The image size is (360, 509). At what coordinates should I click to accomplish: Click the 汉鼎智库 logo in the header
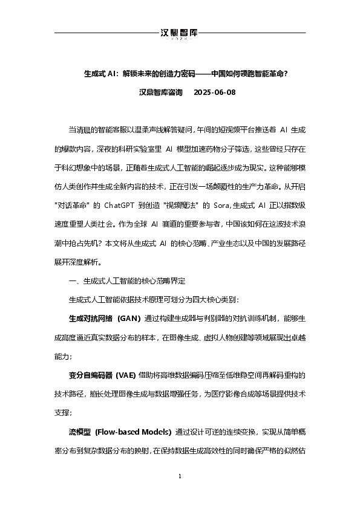[180, 33]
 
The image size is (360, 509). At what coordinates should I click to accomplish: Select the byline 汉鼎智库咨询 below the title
[161, 92]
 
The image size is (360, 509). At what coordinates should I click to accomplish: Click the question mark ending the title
[285, 74]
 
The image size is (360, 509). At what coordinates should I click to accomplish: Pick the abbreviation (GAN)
[129, 318]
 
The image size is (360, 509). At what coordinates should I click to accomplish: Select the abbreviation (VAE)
[123, 375]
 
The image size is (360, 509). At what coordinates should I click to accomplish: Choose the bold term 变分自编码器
[88, 375]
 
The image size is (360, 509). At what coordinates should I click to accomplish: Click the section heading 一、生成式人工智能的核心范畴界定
[128, 281]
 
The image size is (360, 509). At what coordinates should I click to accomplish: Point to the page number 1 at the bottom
[180, 478]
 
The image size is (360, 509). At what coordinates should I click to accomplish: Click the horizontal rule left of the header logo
[106, 32]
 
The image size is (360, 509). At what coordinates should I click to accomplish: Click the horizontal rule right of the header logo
[254, 32]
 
